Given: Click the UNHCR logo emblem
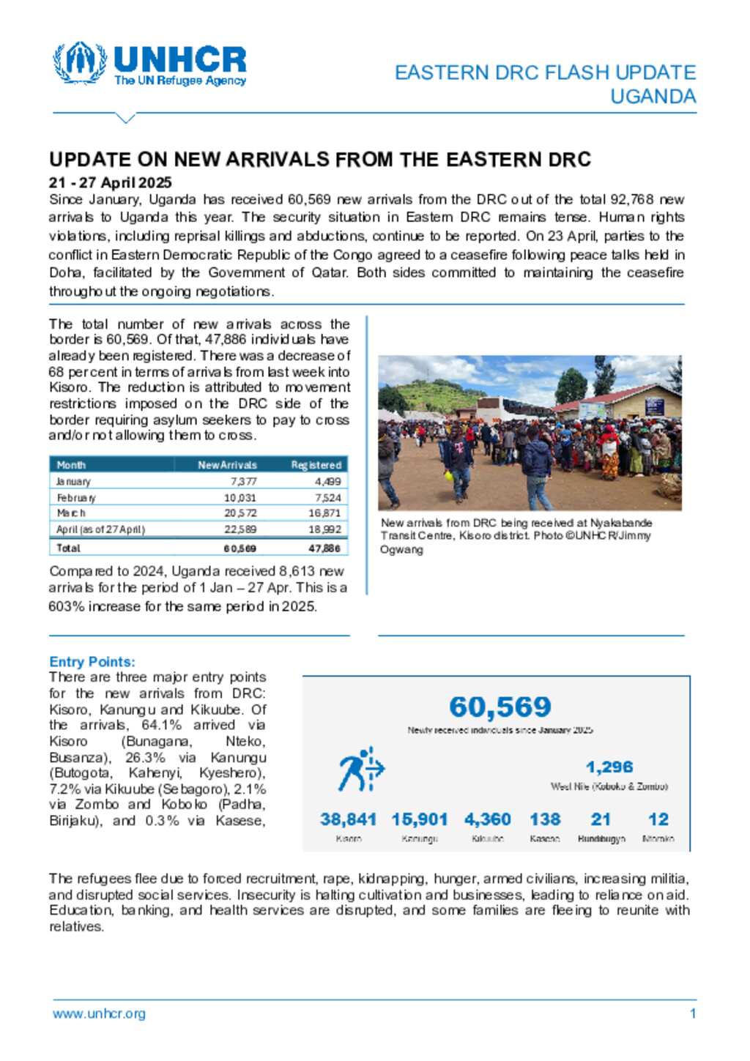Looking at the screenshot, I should click(79, 63).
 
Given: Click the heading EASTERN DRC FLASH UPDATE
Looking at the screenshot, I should click(545, 72).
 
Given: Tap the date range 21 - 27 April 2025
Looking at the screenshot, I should click(111, 182).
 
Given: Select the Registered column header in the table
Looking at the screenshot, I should click(316, 465).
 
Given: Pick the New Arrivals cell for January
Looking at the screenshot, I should click(243, 482).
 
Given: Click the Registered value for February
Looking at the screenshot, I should click(327, 498).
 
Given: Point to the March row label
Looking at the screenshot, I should click(71, 513).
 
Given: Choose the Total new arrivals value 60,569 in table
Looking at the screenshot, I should click(240, 548).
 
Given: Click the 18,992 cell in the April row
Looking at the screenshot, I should click(324, 529).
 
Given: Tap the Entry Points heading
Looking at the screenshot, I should click(92, 662).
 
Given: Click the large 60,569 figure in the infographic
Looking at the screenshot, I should click(500, 707).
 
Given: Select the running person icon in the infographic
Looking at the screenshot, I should click(360, 770).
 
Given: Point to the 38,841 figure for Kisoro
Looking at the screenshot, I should click(348, 819).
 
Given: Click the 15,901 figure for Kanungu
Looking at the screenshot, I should click(419, 819).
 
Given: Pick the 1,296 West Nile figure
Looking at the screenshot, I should click(609, 767).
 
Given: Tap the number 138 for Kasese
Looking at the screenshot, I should click(545, 819).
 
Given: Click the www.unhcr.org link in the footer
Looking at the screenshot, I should click(99, 1014).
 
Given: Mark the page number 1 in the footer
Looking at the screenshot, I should click(692, 1014).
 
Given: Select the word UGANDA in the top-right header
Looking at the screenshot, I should click(653, 97).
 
